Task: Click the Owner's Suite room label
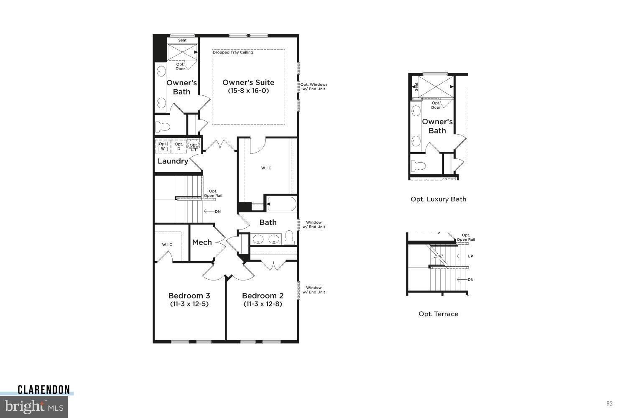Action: click(248, 82)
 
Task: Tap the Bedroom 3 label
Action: click(189, 296)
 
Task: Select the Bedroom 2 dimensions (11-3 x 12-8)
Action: click(263, 304)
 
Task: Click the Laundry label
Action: click(173, 161)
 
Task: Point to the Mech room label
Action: click(202, 242)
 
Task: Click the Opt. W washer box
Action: click(163, 146)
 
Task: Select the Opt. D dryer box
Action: click(178, 146)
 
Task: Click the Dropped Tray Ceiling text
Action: click(233, 52)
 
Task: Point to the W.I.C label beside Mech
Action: click(167, 245)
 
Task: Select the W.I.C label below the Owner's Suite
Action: click(266, 168)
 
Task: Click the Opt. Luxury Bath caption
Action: click(438, 199)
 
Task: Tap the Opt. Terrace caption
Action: click(438, 314)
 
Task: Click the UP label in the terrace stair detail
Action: click(470, 256)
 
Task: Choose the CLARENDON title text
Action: click(43, 390)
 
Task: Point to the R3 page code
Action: click(609, 403)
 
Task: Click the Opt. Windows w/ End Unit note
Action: click(313, 87)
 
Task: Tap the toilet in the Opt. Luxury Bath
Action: click(418, 166)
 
